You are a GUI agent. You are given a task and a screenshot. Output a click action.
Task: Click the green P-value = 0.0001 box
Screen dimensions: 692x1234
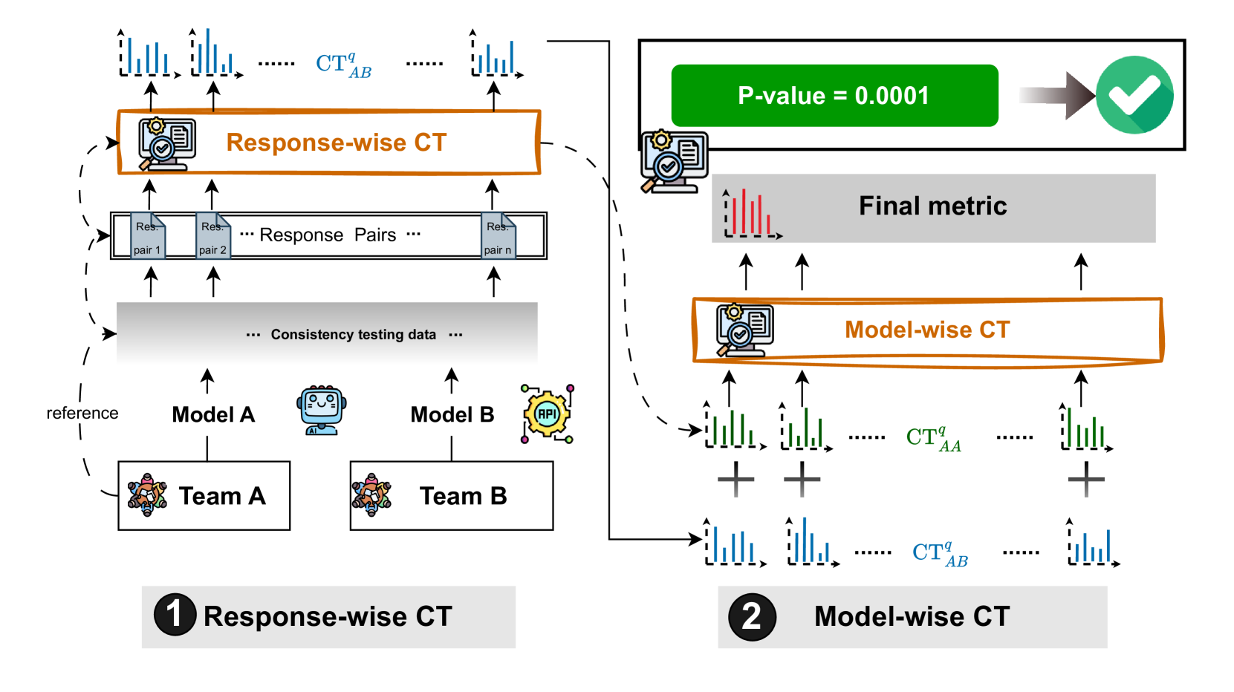coord(834,96)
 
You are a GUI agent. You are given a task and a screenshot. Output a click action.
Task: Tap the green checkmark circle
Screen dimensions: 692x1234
coord(1134,95)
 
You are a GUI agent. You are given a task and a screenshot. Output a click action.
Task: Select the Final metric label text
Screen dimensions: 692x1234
coord(932,206)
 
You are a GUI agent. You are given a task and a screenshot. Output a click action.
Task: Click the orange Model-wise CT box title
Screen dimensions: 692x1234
coord(927,330)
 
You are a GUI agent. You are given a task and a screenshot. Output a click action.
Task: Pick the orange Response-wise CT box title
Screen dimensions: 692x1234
coord(336,143)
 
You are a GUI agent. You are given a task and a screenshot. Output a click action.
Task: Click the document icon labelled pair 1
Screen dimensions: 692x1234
coord(148,236)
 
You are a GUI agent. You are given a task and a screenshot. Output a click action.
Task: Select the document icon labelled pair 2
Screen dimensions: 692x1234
coord(212,236)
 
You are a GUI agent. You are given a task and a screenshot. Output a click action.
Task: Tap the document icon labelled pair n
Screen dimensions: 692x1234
coord(498,236)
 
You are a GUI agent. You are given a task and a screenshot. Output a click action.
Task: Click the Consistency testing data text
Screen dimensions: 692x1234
coord(353,335)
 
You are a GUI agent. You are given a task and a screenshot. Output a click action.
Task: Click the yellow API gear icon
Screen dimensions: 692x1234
coord(548,414)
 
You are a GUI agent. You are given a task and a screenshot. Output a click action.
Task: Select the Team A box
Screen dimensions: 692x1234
coord(204,495)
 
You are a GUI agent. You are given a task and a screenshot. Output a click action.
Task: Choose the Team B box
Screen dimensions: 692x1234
coord(451,495)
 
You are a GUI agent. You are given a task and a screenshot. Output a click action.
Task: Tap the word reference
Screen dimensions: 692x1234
coord(82,414)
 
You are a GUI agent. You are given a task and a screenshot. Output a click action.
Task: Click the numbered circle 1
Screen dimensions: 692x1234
coord(175,615)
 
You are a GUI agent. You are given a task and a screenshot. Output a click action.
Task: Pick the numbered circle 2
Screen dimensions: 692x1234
coord(752,616)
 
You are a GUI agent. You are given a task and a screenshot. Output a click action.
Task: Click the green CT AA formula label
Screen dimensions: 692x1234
coord(933,438)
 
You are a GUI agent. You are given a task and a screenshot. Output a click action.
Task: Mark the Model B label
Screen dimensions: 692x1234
coord(452,414)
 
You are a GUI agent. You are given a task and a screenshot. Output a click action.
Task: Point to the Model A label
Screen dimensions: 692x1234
coord(213,414)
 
